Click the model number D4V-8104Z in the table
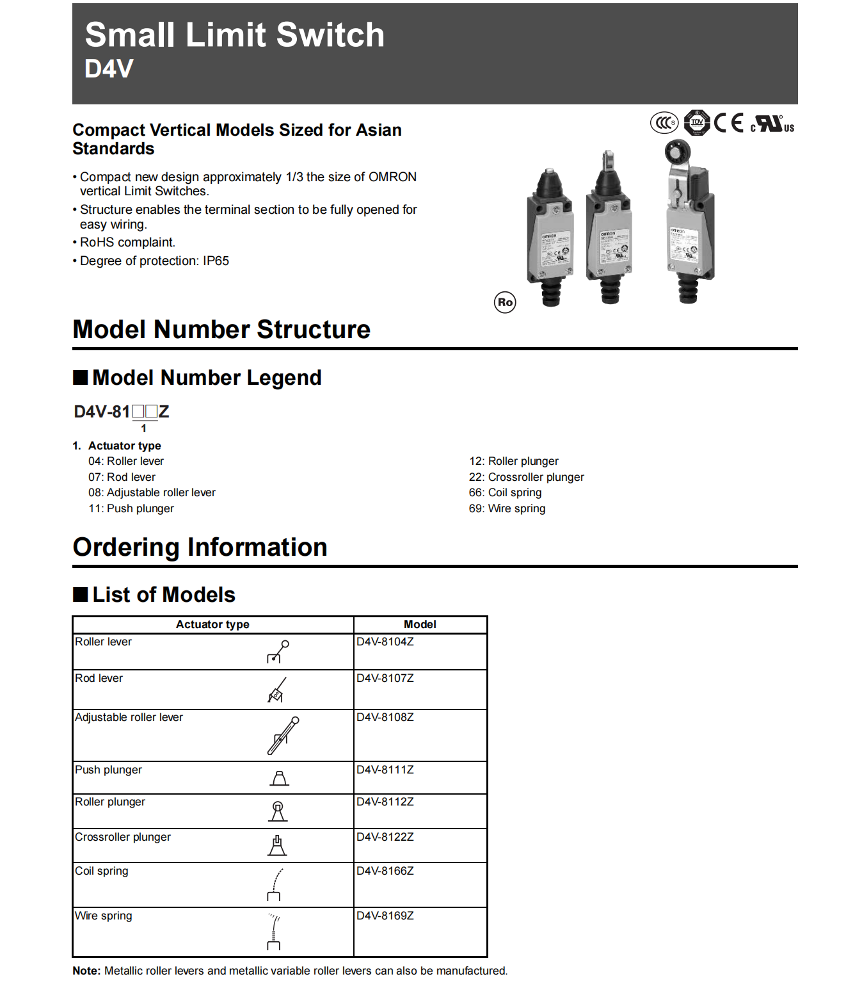385,642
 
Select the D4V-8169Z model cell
385,916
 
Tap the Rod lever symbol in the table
276,690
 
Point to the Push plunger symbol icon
280,778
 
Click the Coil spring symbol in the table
275,884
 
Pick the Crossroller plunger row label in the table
123,837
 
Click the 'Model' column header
420,624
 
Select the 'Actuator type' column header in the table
212,624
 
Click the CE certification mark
728,122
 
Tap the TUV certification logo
697,122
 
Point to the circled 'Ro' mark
505,302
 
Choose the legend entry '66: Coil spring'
505,492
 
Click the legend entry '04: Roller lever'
126,461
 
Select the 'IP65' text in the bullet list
216,261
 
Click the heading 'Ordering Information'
200,547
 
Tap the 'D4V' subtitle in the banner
109,69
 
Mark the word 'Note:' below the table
86,971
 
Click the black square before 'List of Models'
81,595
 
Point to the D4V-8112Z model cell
385,802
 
